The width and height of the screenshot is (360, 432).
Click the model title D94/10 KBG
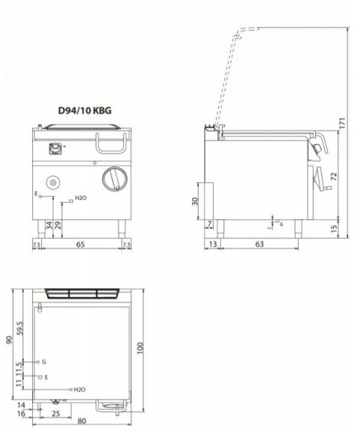(85, 109)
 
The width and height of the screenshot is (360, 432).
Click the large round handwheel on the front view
(112, 178)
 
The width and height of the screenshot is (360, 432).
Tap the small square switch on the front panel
(55, 148)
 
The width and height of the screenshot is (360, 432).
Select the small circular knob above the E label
(54, 181)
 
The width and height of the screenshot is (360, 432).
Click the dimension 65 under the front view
(80, 244)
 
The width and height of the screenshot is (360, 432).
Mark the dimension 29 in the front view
(58, 224)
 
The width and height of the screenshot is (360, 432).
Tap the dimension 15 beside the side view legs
(333, 228)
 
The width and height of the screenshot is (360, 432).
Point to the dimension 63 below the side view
(259, 244)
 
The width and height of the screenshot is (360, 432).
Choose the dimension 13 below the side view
(213, 244)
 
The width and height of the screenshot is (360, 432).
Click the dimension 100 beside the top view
(139, 349)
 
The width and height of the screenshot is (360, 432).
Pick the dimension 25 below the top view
(55, 413)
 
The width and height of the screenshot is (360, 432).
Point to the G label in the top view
(45, 361)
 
